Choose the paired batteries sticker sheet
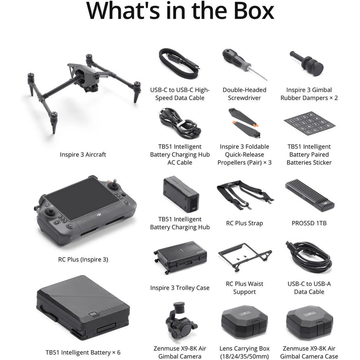[x=309, y=123]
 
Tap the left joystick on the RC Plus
[x=50, y=212]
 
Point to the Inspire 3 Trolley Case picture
[x=180, y=257]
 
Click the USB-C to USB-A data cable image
[x=309, y=256]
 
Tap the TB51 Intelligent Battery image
[x=82, y=309]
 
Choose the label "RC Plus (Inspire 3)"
[x=83, y=259]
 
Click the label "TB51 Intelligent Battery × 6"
[x=83, y=352]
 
